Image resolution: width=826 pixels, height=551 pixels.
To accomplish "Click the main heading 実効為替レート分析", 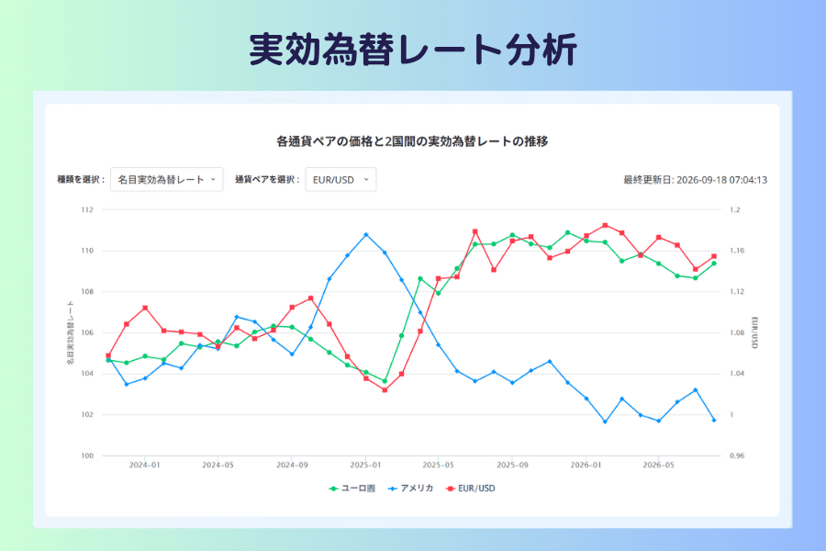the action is [413, 50].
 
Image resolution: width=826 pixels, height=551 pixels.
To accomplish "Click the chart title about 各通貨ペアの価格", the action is [412, 141].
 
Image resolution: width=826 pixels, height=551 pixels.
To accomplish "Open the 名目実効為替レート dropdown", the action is [166, 179].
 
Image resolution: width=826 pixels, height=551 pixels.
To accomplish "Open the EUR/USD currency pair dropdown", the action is [340, 179].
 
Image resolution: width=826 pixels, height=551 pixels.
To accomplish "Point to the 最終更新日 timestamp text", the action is [696, 180].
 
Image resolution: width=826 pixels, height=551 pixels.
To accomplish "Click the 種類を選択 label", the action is [81, 179].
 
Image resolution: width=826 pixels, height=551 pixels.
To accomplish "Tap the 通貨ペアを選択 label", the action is [267, 179].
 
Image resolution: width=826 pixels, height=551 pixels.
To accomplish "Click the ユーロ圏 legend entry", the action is [352, 489].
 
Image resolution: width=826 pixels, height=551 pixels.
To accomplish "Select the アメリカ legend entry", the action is [411, 489].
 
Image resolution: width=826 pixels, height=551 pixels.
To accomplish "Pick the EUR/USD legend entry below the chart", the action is [471, 489].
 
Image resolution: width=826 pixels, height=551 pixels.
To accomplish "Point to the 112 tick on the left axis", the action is [87, 210].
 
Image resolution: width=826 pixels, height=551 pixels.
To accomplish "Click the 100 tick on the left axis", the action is [87, 455].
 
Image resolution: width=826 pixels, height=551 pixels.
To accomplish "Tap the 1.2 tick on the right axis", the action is [735, 210].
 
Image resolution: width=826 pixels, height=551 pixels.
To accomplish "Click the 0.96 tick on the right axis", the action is [737, 455].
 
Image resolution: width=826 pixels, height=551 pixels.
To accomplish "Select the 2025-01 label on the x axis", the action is [365, 465].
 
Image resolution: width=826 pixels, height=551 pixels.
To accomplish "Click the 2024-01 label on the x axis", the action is [144, 465].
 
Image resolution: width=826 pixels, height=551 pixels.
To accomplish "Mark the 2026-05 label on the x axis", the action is [658, 465].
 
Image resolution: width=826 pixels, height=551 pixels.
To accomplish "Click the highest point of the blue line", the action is [366, 235].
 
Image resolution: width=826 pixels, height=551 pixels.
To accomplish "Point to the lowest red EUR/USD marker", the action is [385, 390].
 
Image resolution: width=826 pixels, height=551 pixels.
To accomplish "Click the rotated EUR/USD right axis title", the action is [754, 332].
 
